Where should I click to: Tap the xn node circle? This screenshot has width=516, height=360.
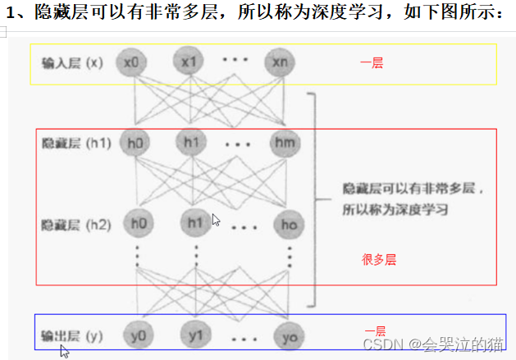click(279, 62)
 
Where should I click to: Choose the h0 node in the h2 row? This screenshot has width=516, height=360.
click(137, 222)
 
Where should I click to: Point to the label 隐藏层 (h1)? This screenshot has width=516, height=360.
click(75, 144)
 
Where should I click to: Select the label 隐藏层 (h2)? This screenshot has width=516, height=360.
click(75, 223)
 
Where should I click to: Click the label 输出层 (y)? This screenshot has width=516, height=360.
click(72, 335)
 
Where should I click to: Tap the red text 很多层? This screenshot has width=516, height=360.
click(379, 260)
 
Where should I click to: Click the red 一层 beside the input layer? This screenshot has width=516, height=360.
click(372, 63)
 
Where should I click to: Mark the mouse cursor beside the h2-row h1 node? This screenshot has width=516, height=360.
click(216, 220)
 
